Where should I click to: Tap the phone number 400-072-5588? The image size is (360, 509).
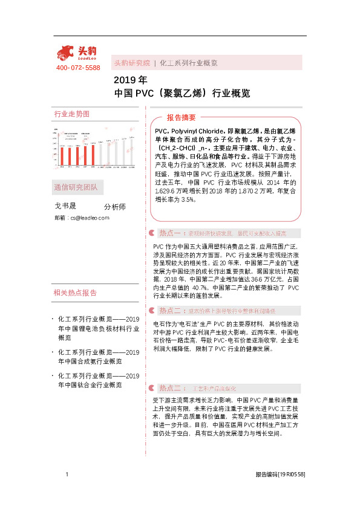[x=78, y=68]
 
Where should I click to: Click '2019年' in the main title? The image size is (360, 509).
[x=130, y=80]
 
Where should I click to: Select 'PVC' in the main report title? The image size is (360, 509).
[x=146, y=94]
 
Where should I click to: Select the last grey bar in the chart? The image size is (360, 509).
[x=131, y=151]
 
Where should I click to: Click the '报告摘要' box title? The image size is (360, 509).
[x=181, y=118]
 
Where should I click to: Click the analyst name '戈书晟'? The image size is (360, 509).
[x=65, y=206]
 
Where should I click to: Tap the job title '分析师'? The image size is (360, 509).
[x=115, y=207]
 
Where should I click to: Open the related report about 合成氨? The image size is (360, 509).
[x=99, y=356]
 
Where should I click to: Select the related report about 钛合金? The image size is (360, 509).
[x=99, y=380]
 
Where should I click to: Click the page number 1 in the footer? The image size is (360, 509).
[x=67, y=475]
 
